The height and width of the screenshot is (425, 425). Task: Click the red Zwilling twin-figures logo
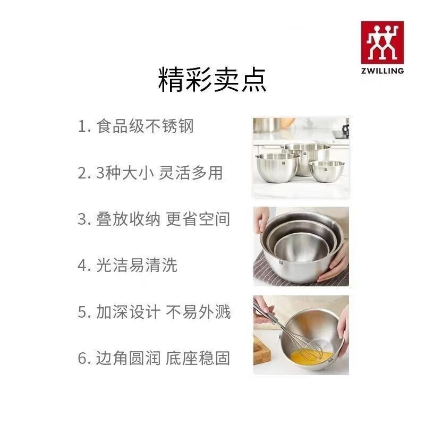point(382,42)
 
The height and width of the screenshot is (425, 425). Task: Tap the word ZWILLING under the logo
point(382,70)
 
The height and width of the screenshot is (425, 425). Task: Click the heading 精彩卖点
point(212,81)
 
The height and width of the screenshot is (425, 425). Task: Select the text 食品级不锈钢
point(145,126)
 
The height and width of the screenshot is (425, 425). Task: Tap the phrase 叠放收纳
point(128,219)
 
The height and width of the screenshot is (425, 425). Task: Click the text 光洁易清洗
point(137,265)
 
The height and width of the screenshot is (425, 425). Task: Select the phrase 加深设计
point(128,311)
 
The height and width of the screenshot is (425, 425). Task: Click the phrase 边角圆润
point(128,358)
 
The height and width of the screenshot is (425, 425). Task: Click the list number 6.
point(82,358)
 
